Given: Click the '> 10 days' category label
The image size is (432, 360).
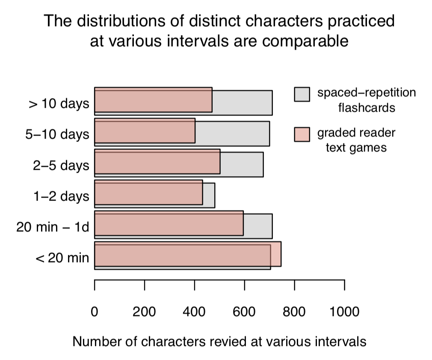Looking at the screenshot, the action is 59,103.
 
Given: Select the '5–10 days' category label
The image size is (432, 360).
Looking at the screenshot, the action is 57,134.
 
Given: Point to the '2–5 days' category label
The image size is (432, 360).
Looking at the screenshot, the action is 61,165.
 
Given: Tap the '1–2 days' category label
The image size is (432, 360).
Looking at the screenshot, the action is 61,196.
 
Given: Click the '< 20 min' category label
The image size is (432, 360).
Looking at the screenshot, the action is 62,258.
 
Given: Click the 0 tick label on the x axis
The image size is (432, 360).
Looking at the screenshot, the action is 95,312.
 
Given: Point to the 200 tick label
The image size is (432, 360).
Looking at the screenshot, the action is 144,312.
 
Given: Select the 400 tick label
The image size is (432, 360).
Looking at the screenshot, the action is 194,312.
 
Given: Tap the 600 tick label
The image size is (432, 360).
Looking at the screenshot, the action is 244,312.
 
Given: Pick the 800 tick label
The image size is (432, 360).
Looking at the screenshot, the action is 294,312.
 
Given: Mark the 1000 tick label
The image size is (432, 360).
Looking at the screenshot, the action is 344,312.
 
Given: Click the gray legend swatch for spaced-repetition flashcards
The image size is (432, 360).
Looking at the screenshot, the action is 302,94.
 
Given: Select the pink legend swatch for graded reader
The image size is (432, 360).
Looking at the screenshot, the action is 302,134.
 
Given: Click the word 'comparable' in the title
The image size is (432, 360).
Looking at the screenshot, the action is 305,41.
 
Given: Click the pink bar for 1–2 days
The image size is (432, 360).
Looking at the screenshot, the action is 148,192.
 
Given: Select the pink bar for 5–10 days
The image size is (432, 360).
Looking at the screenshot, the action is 145,131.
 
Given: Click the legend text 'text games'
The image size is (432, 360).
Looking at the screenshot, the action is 356,148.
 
